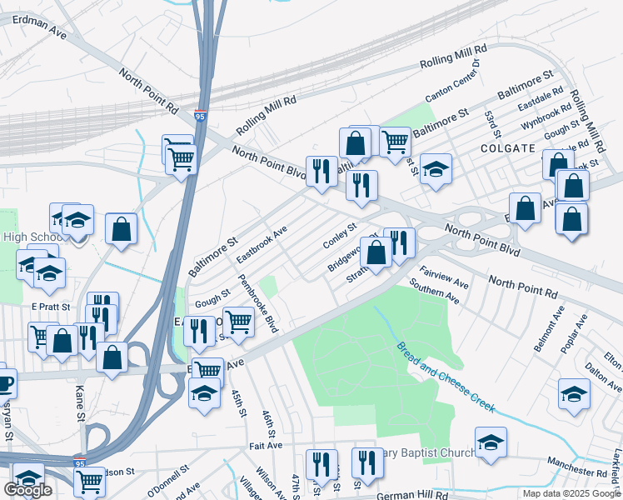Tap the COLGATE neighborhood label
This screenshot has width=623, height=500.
[507, 147]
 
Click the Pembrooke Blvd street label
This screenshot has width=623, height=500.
[258, 304]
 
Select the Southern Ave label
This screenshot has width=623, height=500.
[434, 292]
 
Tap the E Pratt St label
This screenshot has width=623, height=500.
[53, 306]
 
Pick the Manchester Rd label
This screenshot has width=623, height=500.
[580, 461]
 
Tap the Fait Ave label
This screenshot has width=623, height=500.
[265, 446]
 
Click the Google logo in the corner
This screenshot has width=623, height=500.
[27, 490]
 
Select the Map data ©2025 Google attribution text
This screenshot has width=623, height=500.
[571, 493]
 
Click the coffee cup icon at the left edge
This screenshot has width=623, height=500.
[3, 382]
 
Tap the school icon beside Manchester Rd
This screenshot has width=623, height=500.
[491, 442]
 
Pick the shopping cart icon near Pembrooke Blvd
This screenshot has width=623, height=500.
[238, 320]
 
